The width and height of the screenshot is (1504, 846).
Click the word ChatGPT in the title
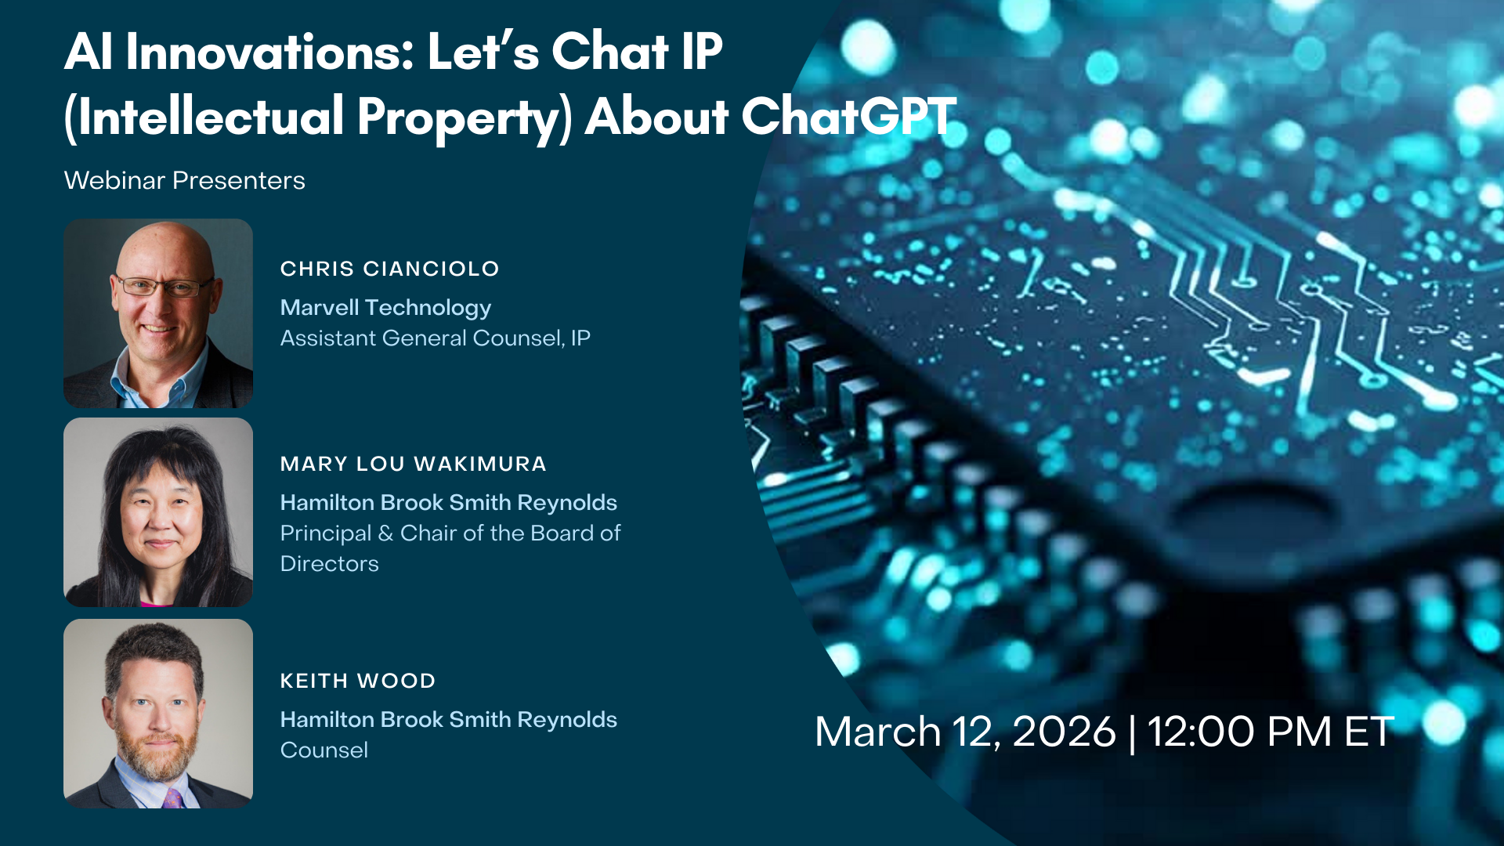coord(848,117)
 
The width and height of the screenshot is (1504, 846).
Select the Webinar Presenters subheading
coord(184,180)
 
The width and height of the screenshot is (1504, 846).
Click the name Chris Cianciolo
coord(389,269)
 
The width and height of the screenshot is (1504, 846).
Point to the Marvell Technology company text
coord(385,308)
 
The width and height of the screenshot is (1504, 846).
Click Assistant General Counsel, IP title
coord(436,338)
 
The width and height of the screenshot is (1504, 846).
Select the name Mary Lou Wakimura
coord(413,464)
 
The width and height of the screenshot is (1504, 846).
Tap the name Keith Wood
coord(357,681)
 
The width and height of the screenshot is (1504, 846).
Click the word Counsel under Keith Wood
coord(324,750)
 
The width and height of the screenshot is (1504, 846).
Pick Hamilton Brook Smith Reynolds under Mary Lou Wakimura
coord(449,503)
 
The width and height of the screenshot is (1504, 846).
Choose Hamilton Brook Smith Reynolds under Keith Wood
coord(449,720)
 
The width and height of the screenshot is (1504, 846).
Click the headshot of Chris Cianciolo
coord(158,313)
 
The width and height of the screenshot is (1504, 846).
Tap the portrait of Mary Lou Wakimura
coord(158,512)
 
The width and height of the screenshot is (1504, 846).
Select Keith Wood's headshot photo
coord(158,714)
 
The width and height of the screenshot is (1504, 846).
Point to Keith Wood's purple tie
coord(173,798)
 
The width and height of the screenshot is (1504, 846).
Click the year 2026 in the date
coord(1064,732)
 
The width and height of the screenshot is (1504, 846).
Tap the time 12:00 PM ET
coord(1271,732)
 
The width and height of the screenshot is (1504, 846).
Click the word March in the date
coord(877,732)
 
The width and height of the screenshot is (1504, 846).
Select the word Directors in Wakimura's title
coord(329,564)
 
